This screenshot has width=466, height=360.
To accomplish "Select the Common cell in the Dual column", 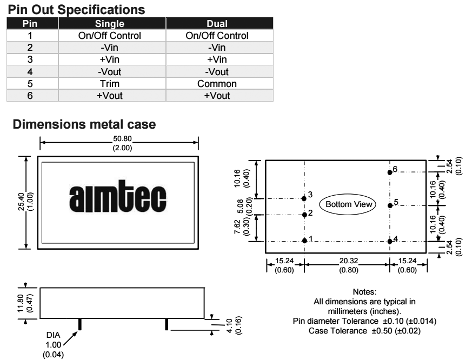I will pos(217,84).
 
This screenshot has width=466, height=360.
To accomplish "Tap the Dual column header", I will pos(217,24).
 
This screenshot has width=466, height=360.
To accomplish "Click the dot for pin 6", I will pos(389,172).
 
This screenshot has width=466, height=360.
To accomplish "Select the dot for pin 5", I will pos(389,205).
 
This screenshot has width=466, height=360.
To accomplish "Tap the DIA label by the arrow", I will pos(54,335).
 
